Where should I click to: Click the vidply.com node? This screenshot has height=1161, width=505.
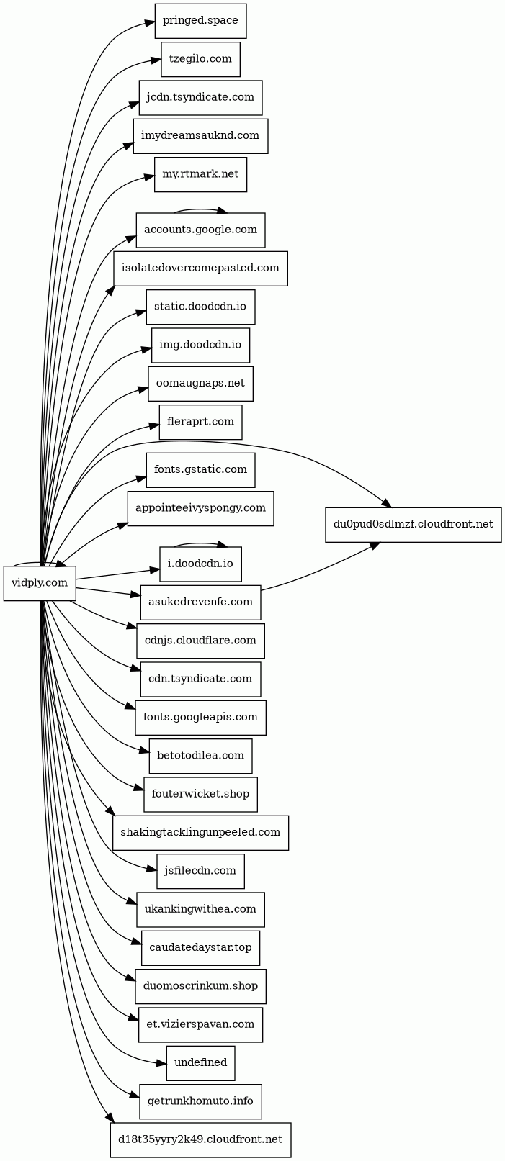tap(40, 583)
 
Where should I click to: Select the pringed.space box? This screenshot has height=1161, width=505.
tap(200, 21)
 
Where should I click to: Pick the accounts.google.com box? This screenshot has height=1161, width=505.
tap(200, 230)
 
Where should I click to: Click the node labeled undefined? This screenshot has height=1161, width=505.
tap(200, 1063)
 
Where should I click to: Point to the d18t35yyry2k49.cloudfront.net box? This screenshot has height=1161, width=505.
tap(200, 1140)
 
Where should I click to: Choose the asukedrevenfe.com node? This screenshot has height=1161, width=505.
tap(200, 602)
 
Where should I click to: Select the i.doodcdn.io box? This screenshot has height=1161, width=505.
tap(200, 564)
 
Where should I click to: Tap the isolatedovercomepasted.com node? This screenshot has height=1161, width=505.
tap(200, 268)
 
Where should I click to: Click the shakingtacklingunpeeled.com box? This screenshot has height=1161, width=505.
tap(200, 833)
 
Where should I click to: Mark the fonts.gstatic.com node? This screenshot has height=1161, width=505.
tap(200, 470)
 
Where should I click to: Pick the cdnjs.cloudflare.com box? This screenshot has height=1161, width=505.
tap(200, 641)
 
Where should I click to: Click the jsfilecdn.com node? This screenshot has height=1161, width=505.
tap(200, 871)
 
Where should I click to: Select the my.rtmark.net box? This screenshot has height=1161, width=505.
tap(200, 175)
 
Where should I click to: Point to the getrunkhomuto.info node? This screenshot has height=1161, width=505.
tap(200, 1102)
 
